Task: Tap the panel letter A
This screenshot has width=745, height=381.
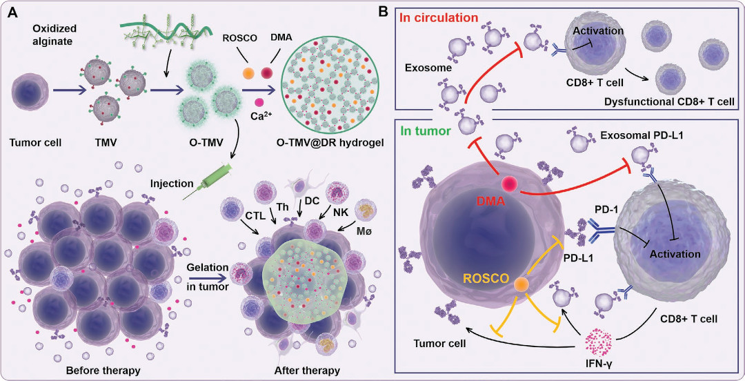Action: coord(12,11)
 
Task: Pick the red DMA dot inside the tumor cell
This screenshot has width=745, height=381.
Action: coord(511,184)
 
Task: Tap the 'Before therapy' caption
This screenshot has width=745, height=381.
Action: coord(103,370)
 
